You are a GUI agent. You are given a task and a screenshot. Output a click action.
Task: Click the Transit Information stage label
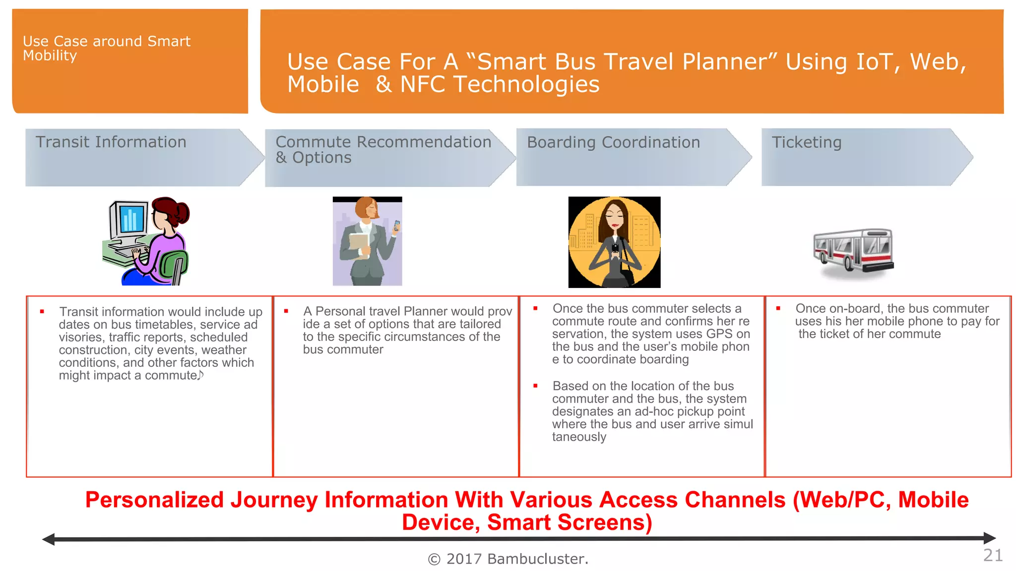point(111,142)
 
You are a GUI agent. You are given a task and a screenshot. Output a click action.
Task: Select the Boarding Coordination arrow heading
point(613,143)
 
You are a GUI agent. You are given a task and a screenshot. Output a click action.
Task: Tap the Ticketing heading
point(806,143)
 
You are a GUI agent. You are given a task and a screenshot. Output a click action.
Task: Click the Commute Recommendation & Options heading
point(383,149)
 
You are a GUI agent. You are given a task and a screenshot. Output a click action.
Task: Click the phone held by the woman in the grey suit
point(397,227)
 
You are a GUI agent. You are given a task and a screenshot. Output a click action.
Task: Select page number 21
point(993,555)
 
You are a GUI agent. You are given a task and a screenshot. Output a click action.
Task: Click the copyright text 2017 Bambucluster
point(508,559)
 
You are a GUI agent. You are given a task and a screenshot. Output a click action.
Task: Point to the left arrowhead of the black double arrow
point(49,539)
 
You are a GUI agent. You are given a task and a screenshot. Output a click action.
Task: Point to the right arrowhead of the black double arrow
point(989,538)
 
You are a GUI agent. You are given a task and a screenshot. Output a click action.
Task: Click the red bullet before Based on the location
point(535,386)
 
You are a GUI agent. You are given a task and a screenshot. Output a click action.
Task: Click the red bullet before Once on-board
point(778,308)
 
